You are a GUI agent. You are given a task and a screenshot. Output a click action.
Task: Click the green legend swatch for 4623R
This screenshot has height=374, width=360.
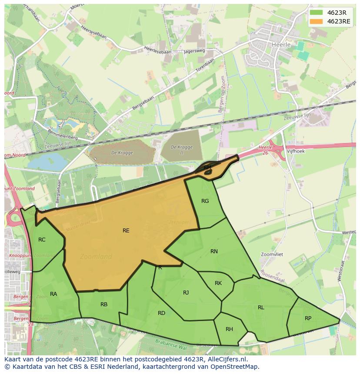317,13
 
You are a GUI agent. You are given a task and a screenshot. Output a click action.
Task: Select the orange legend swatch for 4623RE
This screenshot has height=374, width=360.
317,21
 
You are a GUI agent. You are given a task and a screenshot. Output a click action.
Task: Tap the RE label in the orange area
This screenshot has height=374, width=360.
126,231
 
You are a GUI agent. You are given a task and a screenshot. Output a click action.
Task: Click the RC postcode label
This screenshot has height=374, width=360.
42,240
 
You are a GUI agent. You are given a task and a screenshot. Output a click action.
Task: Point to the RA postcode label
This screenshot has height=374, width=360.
53,294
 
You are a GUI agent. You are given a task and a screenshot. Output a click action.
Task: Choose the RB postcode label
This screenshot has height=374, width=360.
104,304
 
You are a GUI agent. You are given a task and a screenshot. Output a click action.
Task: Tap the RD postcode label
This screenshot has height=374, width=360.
161,313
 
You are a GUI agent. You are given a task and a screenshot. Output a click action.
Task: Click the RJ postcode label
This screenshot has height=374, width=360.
186,293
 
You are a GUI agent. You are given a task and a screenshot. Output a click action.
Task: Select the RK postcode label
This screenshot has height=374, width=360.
218,283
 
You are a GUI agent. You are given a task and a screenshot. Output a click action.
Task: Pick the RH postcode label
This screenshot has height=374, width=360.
229,329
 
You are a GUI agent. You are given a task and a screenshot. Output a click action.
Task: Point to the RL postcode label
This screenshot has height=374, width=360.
261,308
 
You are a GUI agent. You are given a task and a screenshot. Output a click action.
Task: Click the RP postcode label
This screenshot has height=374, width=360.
308,318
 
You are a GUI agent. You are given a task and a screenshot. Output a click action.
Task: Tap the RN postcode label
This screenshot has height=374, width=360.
214,252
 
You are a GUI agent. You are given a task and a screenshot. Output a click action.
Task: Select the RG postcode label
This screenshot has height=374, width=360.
205,201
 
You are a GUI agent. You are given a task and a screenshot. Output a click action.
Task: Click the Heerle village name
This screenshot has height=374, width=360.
280,44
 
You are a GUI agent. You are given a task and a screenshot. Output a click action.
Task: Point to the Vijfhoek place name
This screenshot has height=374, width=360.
296,152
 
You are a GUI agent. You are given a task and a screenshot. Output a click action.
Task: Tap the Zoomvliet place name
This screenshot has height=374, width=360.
272,254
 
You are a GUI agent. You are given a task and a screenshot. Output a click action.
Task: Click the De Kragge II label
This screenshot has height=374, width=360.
181,150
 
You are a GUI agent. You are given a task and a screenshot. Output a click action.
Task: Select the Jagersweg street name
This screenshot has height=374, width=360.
194,51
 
